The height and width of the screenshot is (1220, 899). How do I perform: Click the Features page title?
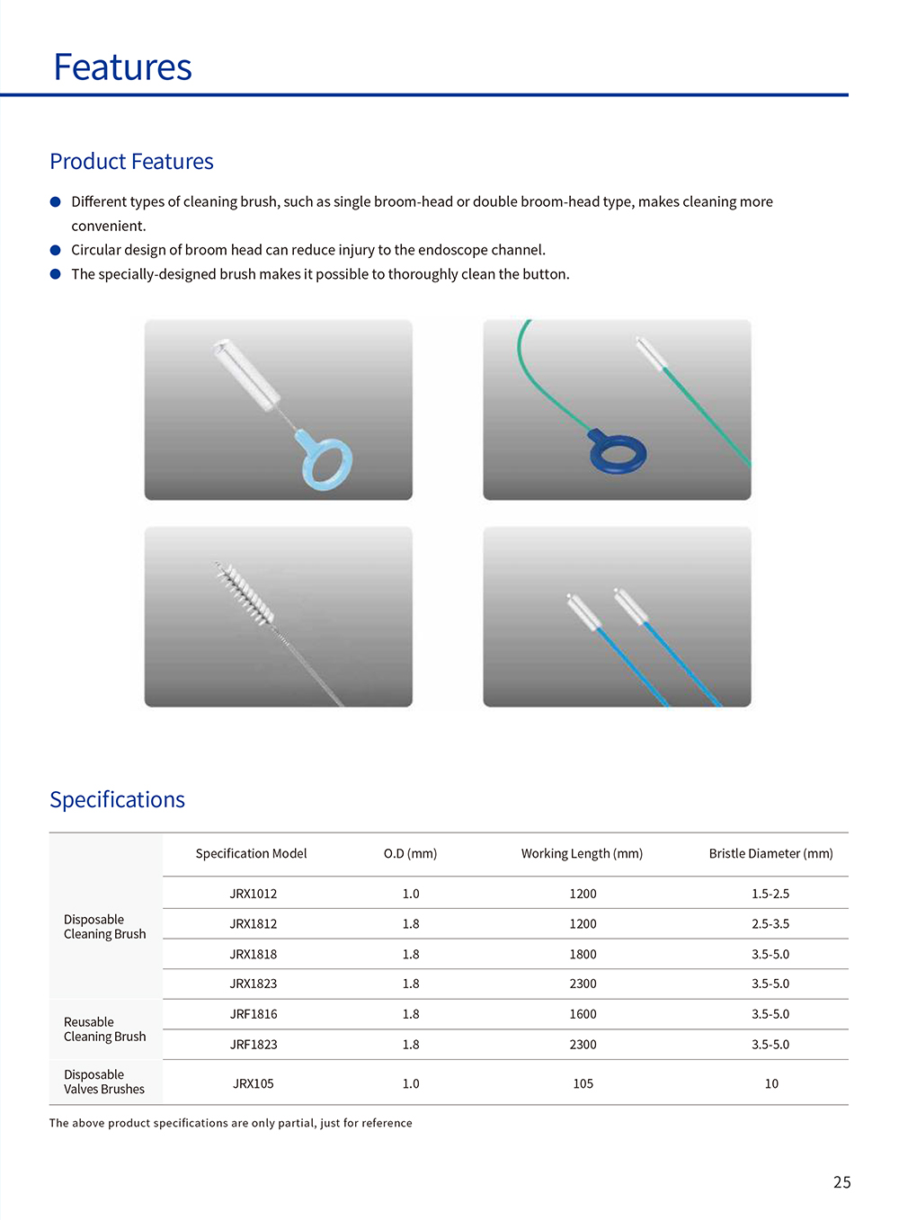pos(122,67)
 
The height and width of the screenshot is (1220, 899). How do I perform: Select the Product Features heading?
pos(131,162)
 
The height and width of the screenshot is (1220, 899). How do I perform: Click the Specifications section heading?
pos(117,800)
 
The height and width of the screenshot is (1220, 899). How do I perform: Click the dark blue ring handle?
pos(618,453)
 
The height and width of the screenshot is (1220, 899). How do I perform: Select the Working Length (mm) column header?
pos(582,853)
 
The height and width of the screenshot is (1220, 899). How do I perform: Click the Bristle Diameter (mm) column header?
pos(770,853)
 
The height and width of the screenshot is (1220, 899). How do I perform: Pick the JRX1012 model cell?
pos(253,894)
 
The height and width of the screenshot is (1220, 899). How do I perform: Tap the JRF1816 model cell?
pos(253,1014)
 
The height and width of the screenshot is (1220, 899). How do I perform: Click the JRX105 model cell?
pos(253,1083)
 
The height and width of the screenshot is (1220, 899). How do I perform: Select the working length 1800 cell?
pos(583,954)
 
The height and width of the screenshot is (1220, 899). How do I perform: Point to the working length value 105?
pos(583,1083)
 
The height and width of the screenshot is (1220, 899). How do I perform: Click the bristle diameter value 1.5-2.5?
pos(770,894)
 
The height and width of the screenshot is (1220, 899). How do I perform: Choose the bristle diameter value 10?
pos(771,1083)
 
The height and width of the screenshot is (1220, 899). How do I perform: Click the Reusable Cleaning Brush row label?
pos(104,1029)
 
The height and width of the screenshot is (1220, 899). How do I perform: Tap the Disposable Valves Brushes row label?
pos(104,1082)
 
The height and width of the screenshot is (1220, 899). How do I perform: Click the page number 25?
pos(841,1182)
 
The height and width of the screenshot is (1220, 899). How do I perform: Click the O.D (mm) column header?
pos(410,853)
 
